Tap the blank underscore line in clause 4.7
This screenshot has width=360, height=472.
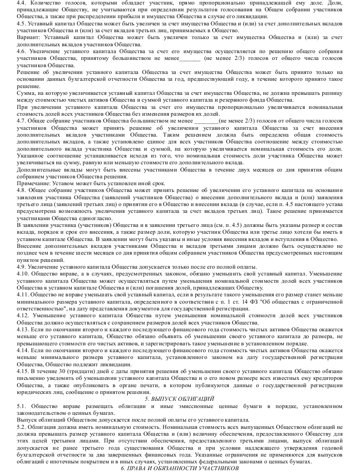[206, 121]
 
